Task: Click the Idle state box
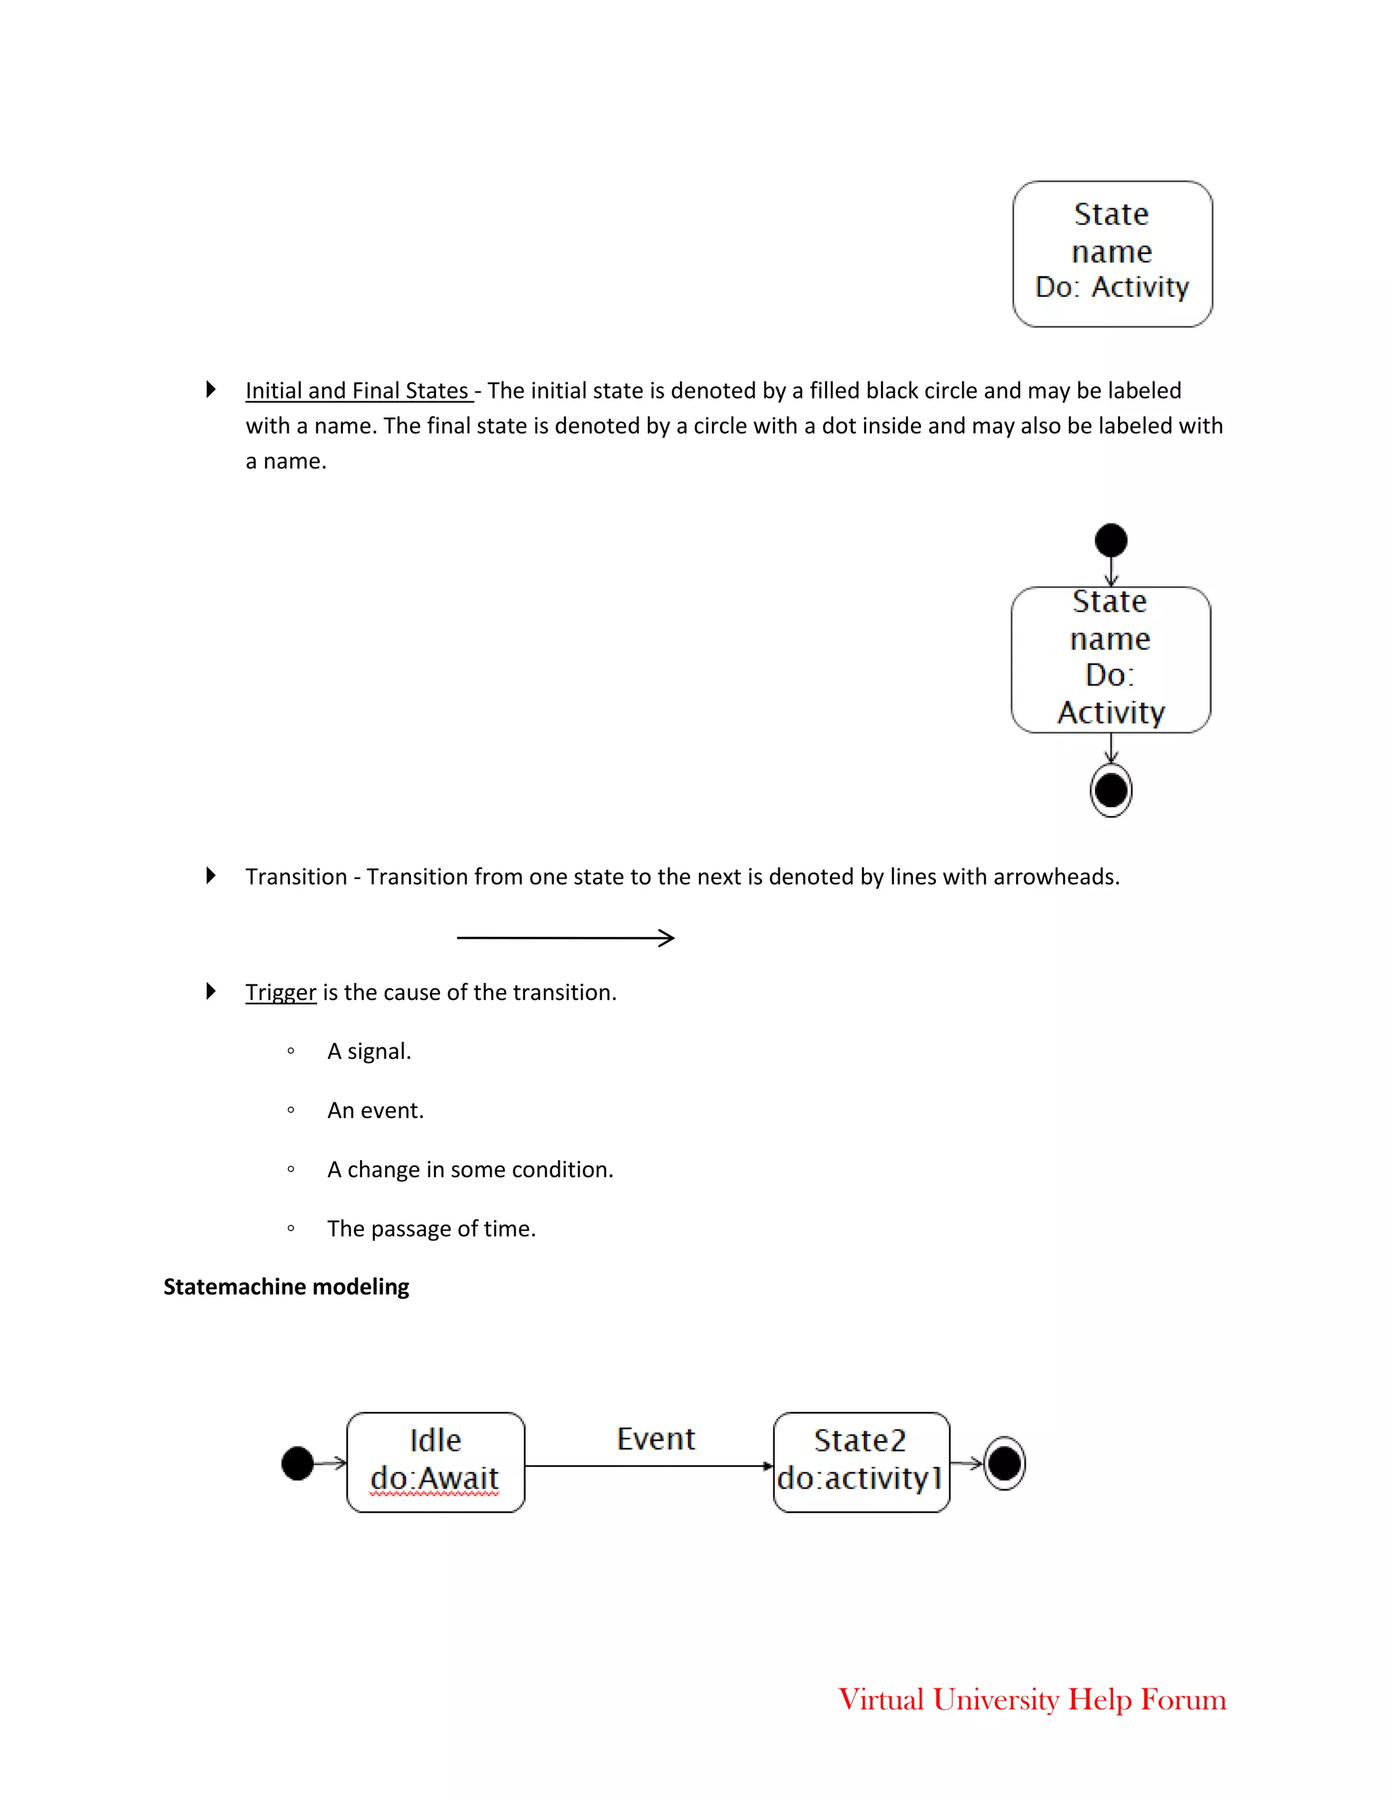click(435, 1462)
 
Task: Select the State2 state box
click(861, 1462)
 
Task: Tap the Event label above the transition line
click(656, 1439)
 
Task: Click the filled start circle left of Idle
click(297, 1463)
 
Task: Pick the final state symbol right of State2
click(1005, 1463)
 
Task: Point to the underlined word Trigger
click(281, 993)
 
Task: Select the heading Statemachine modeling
click(286, 1286)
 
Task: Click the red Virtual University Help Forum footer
click(1032, 1699)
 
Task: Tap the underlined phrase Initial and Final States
click(358, 390)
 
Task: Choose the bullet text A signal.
click(369, 1052)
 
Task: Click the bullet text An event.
click(376, 1111)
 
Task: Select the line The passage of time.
click(431, 1229)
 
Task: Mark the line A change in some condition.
click(470, 1170)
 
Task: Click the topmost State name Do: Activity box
click(1113, 254)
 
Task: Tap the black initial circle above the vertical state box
click(1110, 540)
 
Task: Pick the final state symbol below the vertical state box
click(1110, 791)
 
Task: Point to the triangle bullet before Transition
click(211, 876)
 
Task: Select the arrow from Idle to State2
click(649, 1466)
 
